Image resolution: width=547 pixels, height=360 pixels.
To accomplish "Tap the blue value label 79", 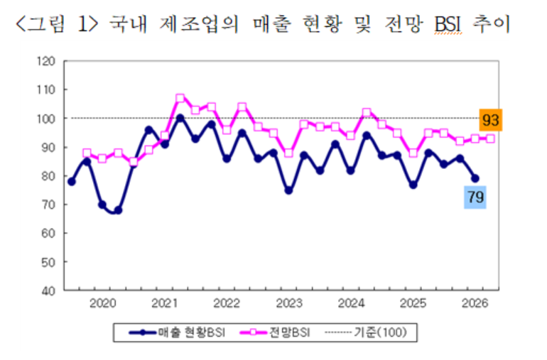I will point(475,197).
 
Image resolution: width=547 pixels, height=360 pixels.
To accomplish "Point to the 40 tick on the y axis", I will point(48,290).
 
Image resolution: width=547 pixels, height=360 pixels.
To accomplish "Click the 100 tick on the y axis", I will point(45,119).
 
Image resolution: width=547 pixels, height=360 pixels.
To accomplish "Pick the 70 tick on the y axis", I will point(48,204).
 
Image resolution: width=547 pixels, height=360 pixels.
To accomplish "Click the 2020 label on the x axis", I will point(103,304).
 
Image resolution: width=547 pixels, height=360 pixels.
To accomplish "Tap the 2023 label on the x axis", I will point(288,304).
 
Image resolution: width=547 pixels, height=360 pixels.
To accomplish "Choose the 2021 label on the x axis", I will point(165,304).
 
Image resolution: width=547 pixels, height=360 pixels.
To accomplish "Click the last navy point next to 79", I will point(475,178).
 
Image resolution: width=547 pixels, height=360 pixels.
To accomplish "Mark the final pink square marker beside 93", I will point(490,138).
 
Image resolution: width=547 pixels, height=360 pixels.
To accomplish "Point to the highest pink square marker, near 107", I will point(180,98).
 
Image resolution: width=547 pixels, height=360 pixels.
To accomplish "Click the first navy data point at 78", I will point(71,182).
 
